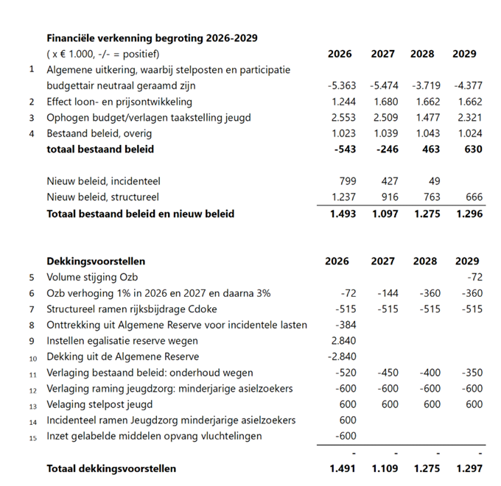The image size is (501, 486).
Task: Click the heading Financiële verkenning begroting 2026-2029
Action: coord(152,38)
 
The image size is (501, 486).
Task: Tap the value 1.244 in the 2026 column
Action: coord(342,102)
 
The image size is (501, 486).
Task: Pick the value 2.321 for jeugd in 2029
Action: coord(467,118)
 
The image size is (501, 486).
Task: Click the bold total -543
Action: coord(344,149)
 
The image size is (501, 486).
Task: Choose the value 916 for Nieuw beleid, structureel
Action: coord(389,197)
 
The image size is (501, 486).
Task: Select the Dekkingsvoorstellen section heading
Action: coord(96,261)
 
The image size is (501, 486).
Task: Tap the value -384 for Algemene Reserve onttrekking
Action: coord(344,325)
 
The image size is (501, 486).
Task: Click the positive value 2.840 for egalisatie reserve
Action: coord(342,341)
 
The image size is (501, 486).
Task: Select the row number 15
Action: coord(32,437)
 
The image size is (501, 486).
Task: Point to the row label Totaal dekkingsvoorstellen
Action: coord(111,468)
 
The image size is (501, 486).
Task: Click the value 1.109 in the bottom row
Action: coord(383,468)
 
